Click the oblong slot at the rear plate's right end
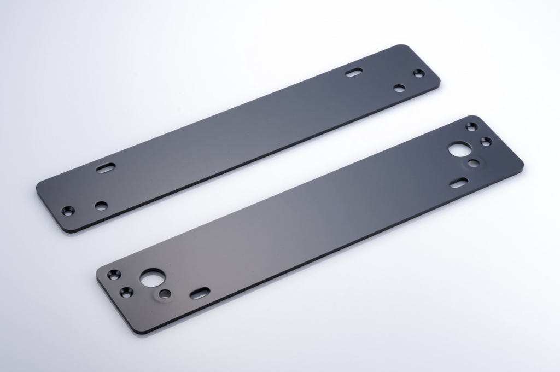(354, 71)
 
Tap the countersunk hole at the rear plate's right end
(418, 73)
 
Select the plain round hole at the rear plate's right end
(399, 88)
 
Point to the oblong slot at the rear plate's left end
(106, 168)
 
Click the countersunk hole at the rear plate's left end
(68, 211)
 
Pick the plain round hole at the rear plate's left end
(101, 206)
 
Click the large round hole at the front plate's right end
(459, 148)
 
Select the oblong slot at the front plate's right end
(459, 183)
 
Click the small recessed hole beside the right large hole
(474, 162)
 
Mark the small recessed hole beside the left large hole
(165, 294)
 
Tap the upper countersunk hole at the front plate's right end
(471, 126)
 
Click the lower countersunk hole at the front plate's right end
(486, 141)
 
